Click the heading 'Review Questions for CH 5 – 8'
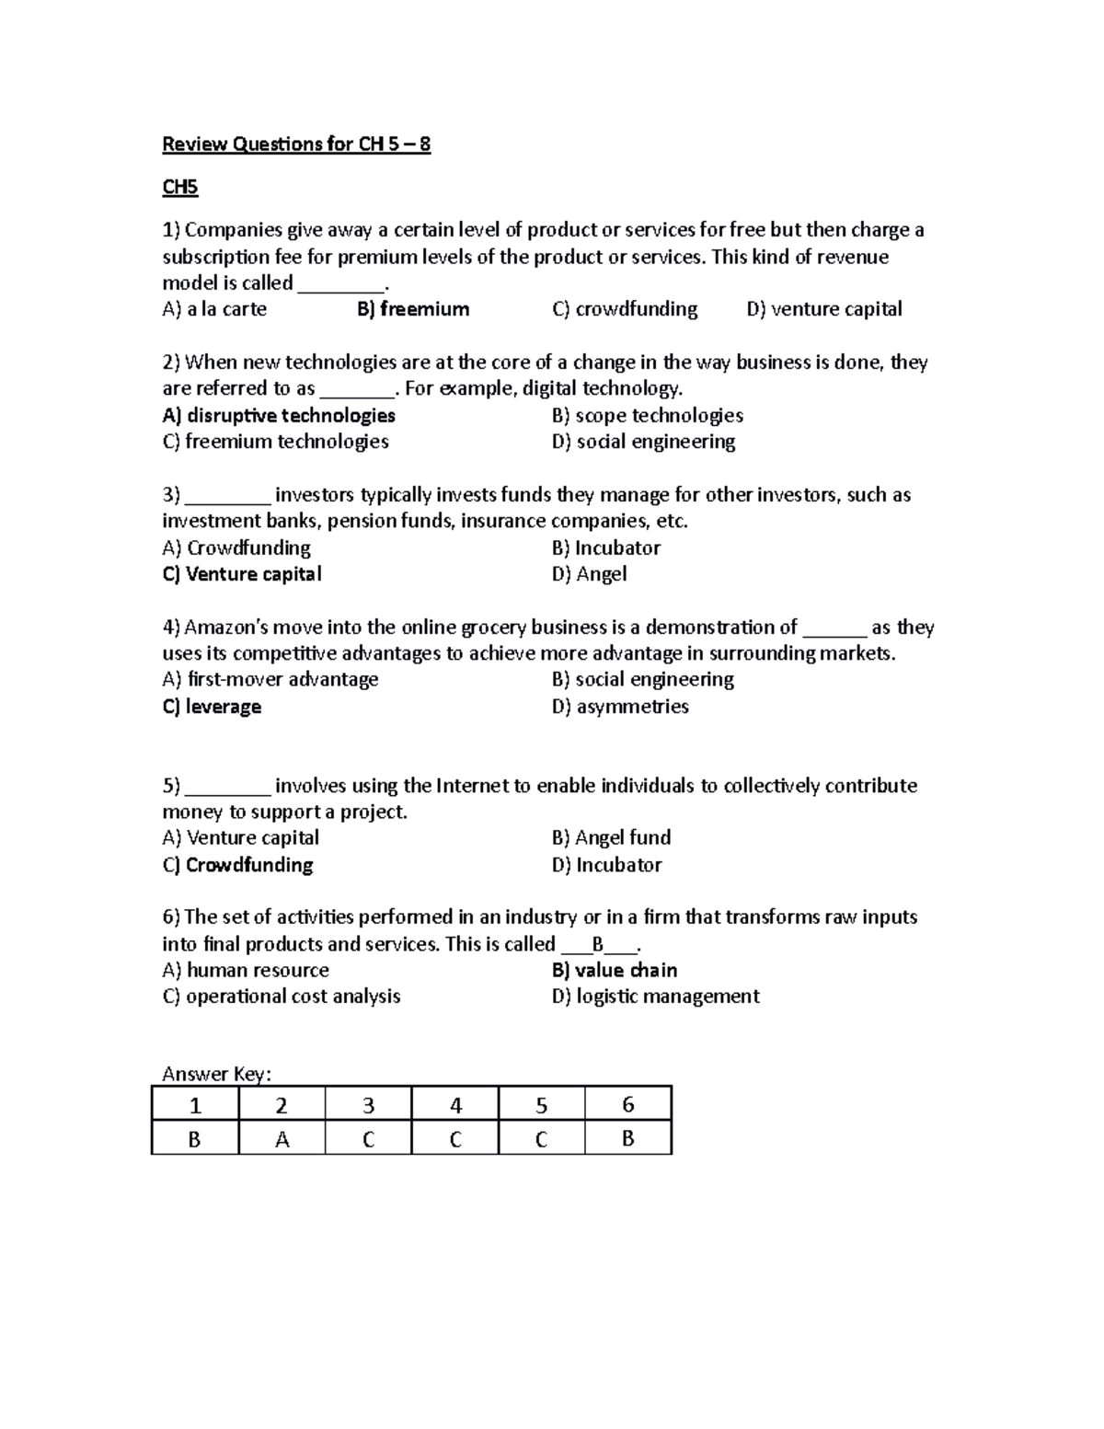pos(296,144)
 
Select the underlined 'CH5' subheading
pos(180,188)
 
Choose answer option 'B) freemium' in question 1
pos(413,309)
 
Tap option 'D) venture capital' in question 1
pos(824,309)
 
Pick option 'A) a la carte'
pos(214,309)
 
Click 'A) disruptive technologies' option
pos(279,416)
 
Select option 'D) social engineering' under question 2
pos(643,442)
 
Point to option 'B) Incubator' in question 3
pos(606,548)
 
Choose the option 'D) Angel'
pos(589,574)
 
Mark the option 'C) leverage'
pos(212,707)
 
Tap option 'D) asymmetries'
pos(620,707)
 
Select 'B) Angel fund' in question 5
pos(611,837)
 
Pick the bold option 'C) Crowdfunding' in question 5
pos(237,865)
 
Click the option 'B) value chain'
pos(615,970)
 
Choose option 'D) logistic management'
pos(655,997)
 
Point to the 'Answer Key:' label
pos(217,1074)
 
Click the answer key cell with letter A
pos(282,1139)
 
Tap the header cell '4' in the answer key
pos(455,1105)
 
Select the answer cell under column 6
pos(628,1139)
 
